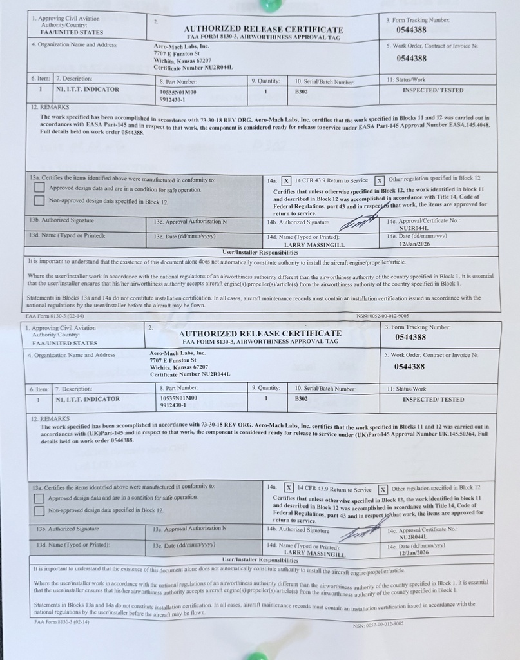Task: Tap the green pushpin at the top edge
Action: click(x=266, y=5)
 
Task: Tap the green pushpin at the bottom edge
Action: click(x=257, y=655)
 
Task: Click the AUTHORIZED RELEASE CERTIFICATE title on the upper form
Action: click(x=263, y=29)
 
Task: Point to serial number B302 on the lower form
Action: click(x=302, y=400)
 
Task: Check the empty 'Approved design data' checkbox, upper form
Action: click(x=39, y=188)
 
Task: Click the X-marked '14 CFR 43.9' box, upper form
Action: click(x=287, y=180)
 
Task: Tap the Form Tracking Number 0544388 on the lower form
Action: click(x=410, y=337)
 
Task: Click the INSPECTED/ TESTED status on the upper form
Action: click(x=432, y=90)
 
